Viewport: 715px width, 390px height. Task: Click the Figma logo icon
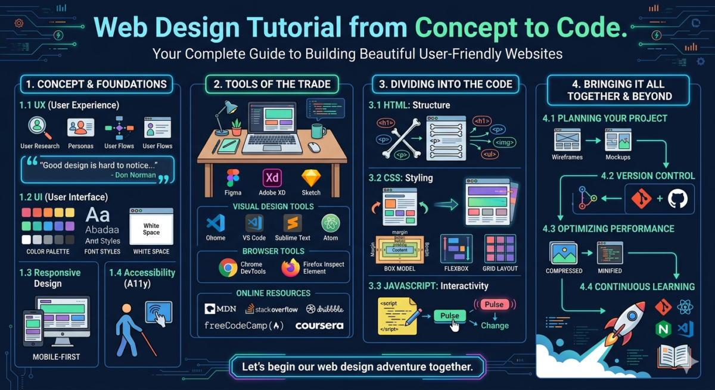click(x=233, y=177)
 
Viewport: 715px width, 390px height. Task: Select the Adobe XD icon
click(x=272, y=177)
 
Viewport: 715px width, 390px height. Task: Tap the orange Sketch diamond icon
click(x=311, y=177)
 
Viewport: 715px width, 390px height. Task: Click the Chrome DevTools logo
click(x=228, y=268)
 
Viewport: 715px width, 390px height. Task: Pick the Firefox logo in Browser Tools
click(x=291, y=268)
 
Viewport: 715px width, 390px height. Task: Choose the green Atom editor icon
click(x=331, y=223)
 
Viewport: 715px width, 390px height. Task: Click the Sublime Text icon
click(x=293, y=223)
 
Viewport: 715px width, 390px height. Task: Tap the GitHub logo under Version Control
click(x=677, y=199)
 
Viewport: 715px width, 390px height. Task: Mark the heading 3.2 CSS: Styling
click(x=400, y=177)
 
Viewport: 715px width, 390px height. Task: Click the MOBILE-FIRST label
click(x=57, y=357)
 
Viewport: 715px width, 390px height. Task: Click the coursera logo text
click(x=319, y=326)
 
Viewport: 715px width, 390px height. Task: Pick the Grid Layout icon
click(x=500, y=248)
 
